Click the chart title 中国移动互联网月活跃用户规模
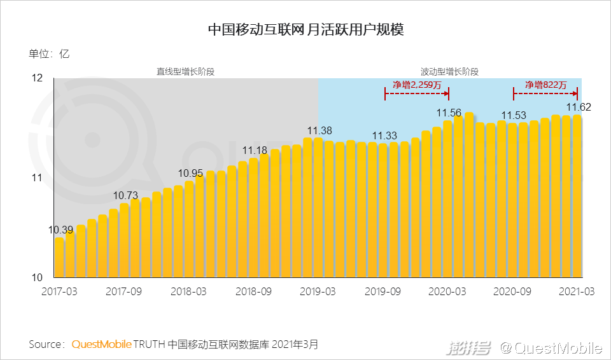pyautogui.click(x=305, y=30)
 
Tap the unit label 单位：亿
pyautogui.click(x=49, y=54)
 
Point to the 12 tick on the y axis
pyautogui.click(x=37, y=78)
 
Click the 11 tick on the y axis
pyautogui.click(x=37, y=178)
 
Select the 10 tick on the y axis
pyautogui.click(x=37, y=278)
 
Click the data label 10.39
pyautogui.click(x=61, y=229)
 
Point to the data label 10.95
pyautogui.click(x=191, y=173)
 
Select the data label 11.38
pyautogui.click(x=319, y=130)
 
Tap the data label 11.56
pyautogui.click(x=449, y=113)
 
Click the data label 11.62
pyautogui.click(x=579, y=107)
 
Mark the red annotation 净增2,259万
pyautogui.click(x=417, y=85)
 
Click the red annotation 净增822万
pyautogui.click(x=545, y=85)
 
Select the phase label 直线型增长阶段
pyautogui.click(x=186, y=71)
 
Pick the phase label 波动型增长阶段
pyautogui.click(x=449, y=71)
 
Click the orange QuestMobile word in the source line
pyautogui.click(x=102, y=345)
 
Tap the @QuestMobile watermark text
pyautogui.click(x=551, y=348)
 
